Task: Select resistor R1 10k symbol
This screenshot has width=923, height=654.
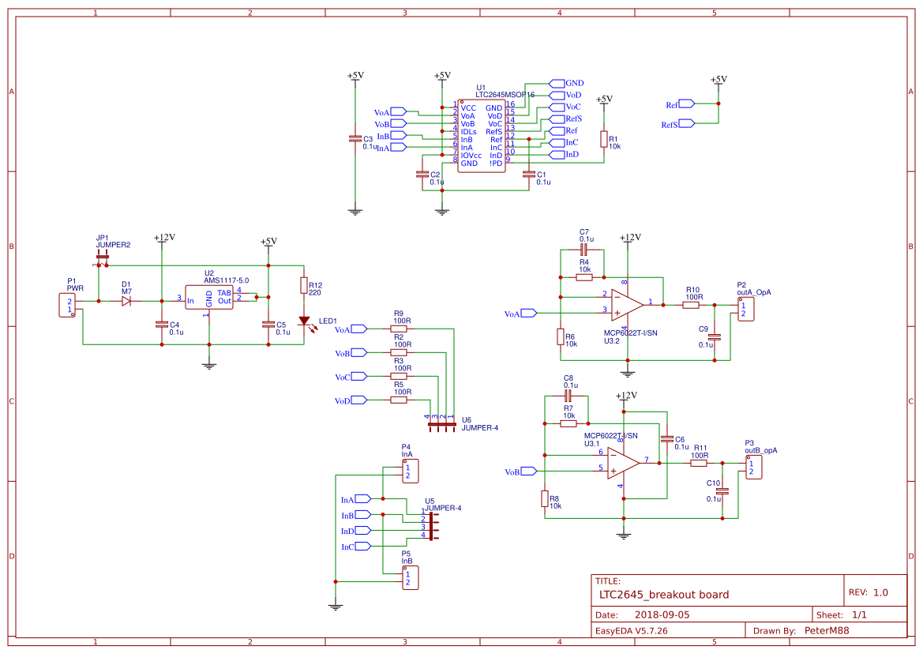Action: point(604,140)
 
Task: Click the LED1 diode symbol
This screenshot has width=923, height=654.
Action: point(304,321)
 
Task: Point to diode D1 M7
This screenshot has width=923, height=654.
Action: point(127,301)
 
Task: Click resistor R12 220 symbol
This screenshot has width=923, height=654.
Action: point(304,285)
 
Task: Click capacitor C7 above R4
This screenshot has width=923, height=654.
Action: point(584,250)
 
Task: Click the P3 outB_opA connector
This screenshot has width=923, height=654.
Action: point(753,468)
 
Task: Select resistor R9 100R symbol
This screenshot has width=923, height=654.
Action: point(400,329)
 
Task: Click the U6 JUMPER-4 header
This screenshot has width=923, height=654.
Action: point(442,425)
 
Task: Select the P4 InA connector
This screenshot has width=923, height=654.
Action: point(411,472)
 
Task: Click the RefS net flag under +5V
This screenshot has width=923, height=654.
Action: point(685,123)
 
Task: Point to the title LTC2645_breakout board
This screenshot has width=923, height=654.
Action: point(664,595)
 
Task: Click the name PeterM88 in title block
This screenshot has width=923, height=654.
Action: point(827,630)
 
